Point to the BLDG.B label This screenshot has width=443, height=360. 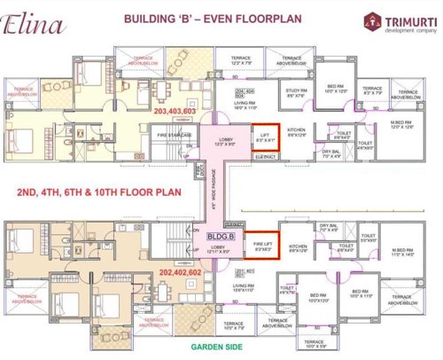click(221, 238)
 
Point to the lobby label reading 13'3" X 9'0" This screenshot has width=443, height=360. click(225, 143)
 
